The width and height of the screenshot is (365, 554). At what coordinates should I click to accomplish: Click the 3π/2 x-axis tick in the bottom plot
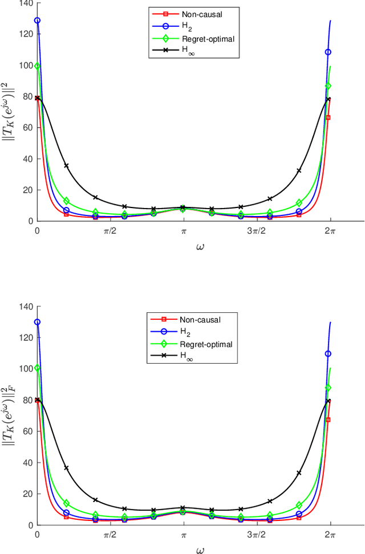[x=257, y=536]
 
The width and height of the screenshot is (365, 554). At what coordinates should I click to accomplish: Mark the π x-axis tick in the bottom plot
[x=184, y=536]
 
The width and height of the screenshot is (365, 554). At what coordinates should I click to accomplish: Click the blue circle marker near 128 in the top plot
[x=38, y=21]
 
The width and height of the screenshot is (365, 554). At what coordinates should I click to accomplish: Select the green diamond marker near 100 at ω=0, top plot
[x=38, y=66]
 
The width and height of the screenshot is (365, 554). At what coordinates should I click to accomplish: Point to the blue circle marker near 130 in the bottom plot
[x=38, y=322]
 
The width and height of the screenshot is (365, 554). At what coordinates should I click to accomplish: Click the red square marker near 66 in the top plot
[x=328, y=118]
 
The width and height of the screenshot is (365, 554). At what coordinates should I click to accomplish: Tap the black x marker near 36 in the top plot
[x=66, y=166]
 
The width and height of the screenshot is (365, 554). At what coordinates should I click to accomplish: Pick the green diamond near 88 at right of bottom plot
[x=328, y=388]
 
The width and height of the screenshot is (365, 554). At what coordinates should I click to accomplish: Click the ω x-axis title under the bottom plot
[x=184, y=549]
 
